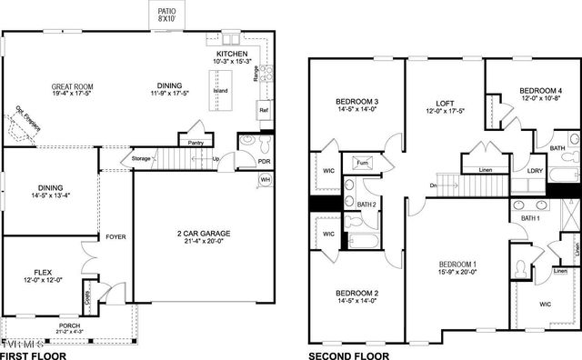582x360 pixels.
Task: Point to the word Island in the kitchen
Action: coord(219,91)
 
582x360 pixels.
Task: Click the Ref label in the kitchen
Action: coord(263,111)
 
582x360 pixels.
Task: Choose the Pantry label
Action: coord(195,143)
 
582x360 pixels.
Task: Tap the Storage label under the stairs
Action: coord(141,159)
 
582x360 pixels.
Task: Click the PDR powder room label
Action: coord(264,163)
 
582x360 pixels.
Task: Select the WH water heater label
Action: coord(266,180)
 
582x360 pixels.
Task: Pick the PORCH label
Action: coord(69,324)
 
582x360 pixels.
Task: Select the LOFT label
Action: coord(445,107)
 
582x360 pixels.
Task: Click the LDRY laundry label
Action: coord(535,170)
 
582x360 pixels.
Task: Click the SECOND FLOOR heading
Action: coord(350,355)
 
